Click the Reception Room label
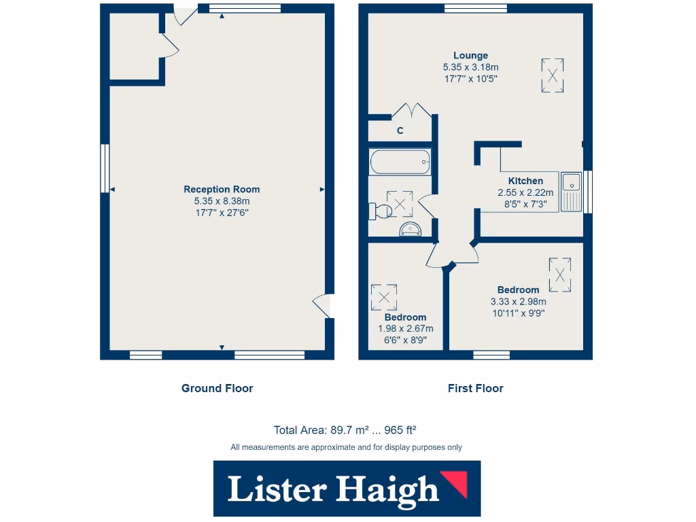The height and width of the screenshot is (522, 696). click(222, 190)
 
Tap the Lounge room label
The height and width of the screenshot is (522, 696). click(470, 56)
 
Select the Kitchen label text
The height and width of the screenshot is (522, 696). click(525, 181)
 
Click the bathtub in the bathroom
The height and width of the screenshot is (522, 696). click(400, 162)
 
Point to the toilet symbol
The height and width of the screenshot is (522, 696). click(378, 211)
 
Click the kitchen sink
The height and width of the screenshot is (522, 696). click(572, 191)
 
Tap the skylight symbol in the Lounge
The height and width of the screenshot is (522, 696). click(553, 75)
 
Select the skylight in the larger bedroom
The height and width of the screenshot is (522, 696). click(559, 275)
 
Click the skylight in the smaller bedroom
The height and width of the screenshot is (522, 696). click(384, 297)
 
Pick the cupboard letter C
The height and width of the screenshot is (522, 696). click(400, 130)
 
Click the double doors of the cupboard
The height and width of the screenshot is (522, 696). click(412, 111)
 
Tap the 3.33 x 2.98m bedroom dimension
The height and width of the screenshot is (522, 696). click(518, 302)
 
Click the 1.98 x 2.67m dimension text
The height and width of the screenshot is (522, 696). click(405, 329)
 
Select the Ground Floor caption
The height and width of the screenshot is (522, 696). click(217, 388)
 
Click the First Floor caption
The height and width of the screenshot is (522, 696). click(475, 388)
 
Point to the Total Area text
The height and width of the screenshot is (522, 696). click(345, 430)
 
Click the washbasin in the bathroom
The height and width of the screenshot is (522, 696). click(410, 229)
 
